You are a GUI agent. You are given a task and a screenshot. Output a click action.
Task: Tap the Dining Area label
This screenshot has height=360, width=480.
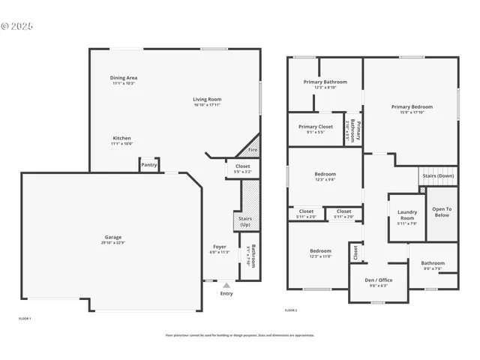pos(124,78)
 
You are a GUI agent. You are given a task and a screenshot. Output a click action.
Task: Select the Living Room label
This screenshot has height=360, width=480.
pos(207,99)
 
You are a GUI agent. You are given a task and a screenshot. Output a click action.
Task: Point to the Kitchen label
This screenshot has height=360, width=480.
pos(122,139)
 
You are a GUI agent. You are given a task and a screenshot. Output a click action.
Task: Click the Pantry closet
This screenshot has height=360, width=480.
pos(149,165)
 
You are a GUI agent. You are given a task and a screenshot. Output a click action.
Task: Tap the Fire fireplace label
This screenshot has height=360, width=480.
pos(253,150)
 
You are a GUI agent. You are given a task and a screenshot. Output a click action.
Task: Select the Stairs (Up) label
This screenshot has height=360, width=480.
pos(244,221)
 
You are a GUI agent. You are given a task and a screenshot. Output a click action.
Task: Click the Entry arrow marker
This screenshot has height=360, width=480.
pos(226,285)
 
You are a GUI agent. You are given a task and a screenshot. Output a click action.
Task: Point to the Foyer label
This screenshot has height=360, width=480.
pos(219,247)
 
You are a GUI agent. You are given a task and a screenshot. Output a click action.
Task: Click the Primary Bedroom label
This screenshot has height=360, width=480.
pos(410,107)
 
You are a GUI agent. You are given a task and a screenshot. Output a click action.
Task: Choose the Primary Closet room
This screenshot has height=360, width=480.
pos(315,129)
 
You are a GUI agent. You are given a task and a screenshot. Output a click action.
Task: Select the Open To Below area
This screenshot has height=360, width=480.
pos(442,211)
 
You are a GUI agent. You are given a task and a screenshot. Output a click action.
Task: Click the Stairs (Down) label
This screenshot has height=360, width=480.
pos(438,175)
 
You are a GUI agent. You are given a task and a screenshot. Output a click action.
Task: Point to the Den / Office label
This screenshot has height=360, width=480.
pos(379,280)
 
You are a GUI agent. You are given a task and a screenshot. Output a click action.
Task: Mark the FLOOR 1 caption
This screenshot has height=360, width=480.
pos(25,319)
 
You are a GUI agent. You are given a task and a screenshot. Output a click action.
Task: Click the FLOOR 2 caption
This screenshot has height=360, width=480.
pos(291,310)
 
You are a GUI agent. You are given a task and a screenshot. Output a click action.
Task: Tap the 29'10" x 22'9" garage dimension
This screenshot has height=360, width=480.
pos(114,242)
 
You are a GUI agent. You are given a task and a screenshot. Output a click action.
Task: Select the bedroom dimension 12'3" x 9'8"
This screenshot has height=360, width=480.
pos(325,179)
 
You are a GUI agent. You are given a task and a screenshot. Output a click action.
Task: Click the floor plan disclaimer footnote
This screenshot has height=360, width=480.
pos(240,335)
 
